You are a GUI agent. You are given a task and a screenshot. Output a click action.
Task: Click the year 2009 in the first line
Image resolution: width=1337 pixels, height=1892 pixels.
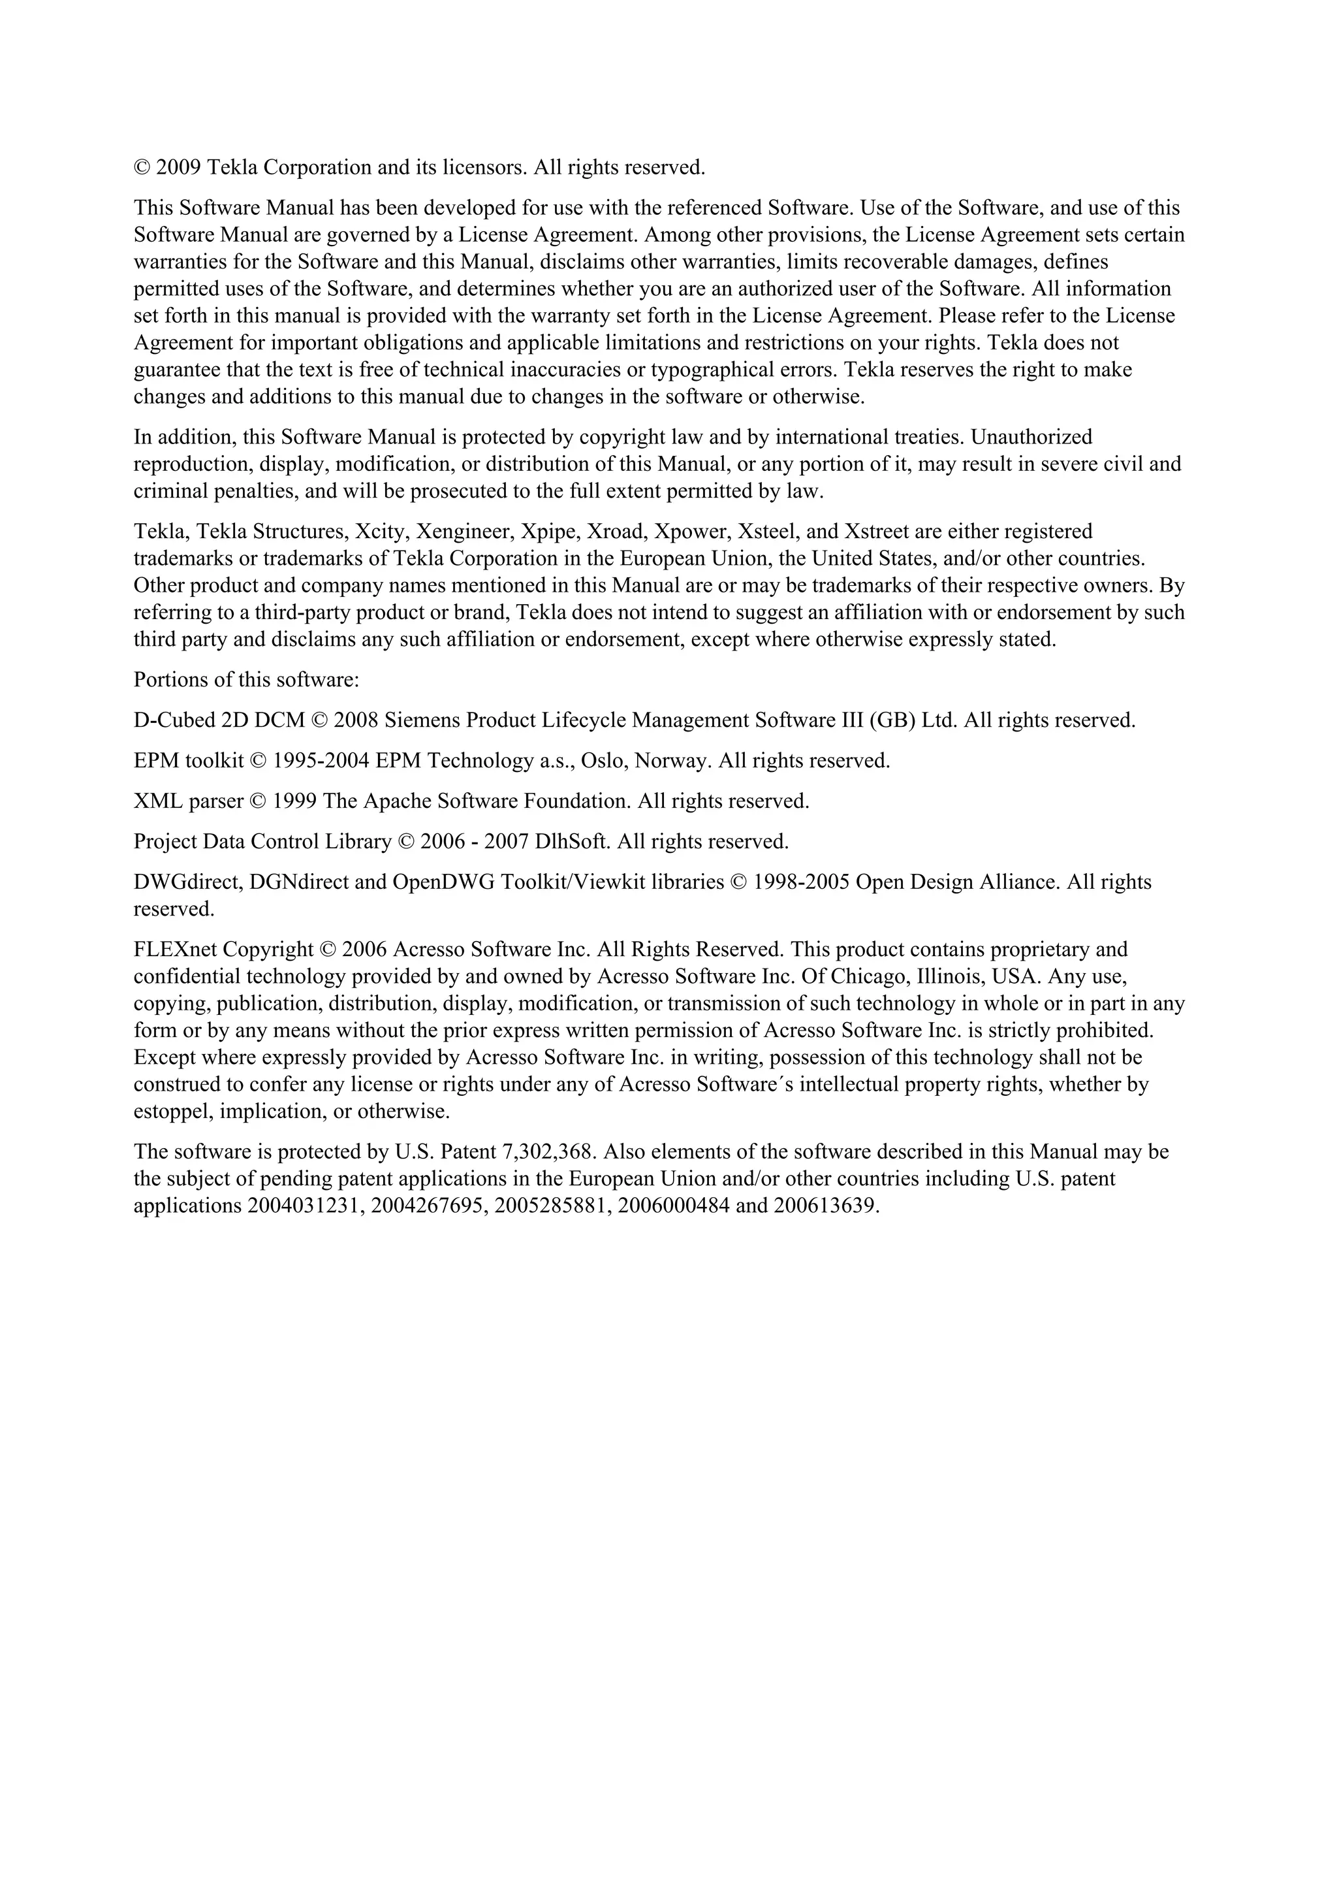click(178, 168)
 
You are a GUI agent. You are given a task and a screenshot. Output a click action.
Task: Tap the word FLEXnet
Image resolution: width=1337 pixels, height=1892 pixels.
click(176, 950)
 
